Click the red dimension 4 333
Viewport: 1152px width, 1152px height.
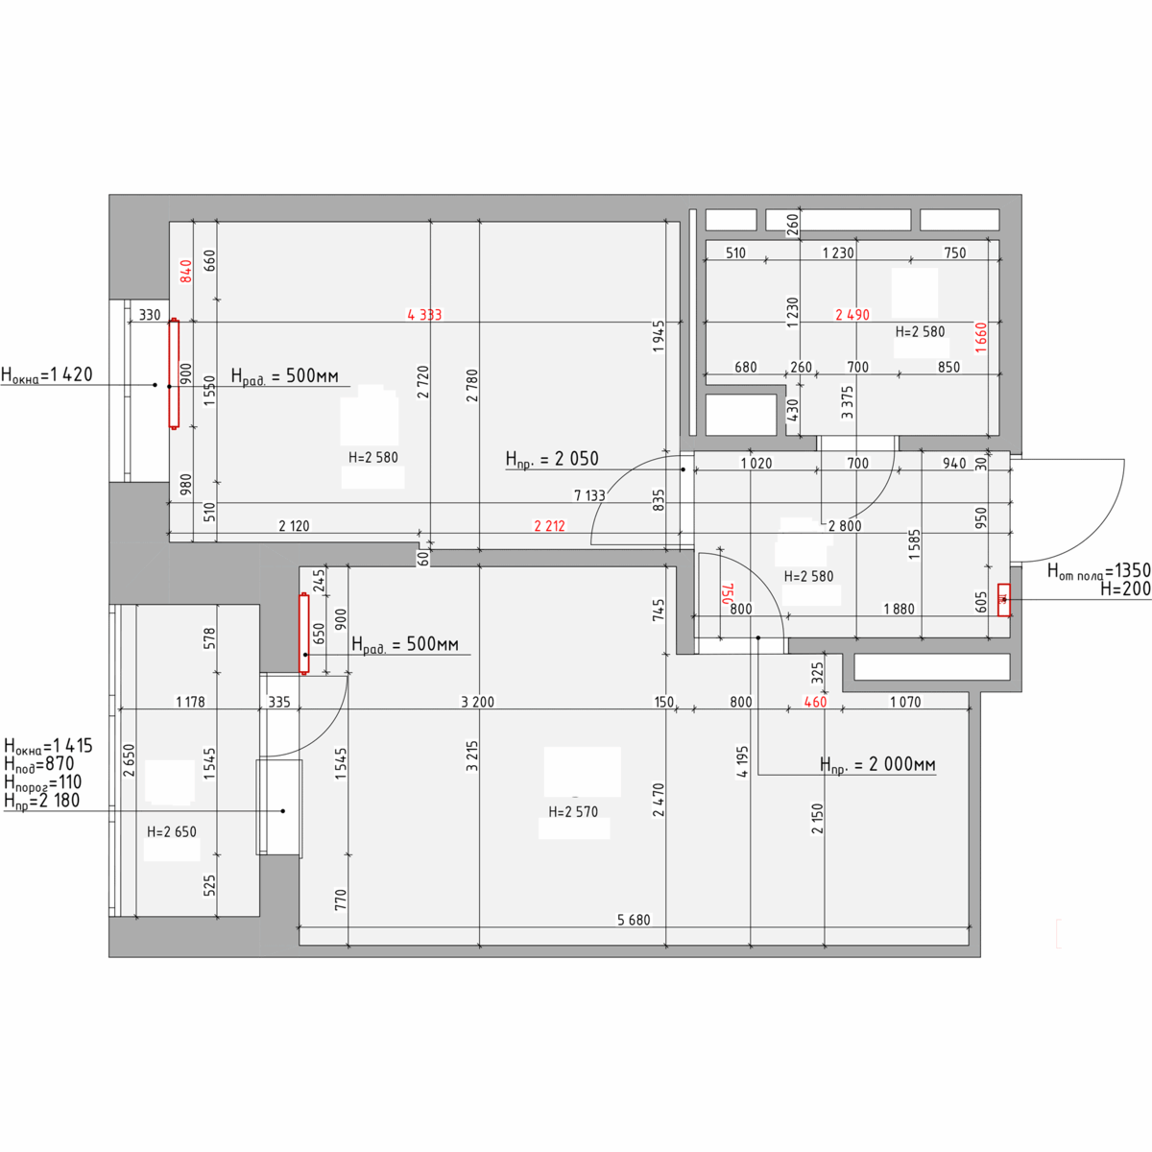pos(424,315)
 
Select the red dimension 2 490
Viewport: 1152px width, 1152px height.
pos(852,315)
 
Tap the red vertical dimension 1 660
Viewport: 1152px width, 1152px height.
pos(981,338)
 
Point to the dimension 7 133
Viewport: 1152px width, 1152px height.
pos(589,495)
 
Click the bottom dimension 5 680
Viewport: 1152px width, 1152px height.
pos(634,920)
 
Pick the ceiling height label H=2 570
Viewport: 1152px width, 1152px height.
pos(573,811)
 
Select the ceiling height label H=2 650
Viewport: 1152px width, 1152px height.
pos(172,831)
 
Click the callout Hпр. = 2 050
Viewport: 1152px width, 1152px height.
pos(552,459)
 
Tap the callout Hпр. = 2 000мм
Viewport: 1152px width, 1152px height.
pos(877,764)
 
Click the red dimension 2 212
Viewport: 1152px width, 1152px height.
pos(549,525)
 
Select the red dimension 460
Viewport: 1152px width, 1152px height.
pos(815,702)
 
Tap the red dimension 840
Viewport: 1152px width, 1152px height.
pos(186,271)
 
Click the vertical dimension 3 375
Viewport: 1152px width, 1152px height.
pos(847,402)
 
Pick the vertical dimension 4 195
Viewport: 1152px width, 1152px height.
pos(742,761)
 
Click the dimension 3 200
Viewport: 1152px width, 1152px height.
pos(478,702)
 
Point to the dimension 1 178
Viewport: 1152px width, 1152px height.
pos(190,702)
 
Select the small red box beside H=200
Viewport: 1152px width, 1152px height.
pos(1004,600)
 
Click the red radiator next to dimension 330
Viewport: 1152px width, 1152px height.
pos(174,373)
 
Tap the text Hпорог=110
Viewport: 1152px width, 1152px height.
pos(42,782)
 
